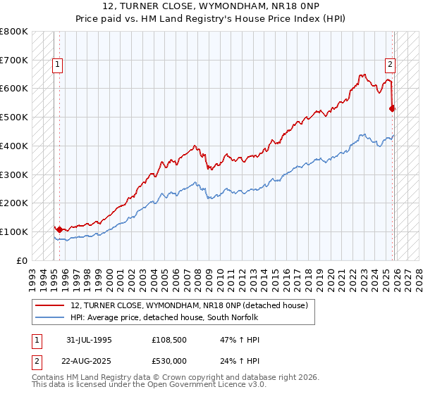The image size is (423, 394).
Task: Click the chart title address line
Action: click(x=211, y=6)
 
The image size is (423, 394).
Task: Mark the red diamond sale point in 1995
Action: click(x=60, y=229)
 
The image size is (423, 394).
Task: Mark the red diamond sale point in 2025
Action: click(x=393, y=108)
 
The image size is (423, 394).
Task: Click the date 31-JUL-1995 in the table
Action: click(x=90, y=340)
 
